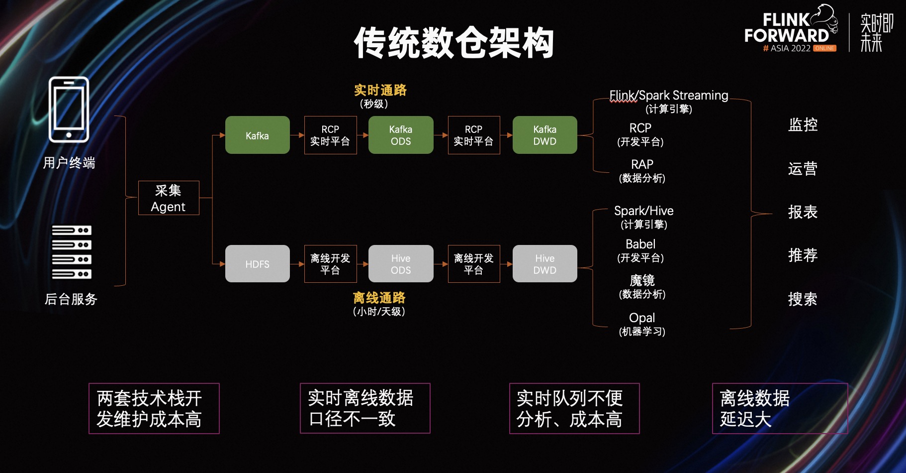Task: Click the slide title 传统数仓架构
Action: pyautogui.click(x=453, y=43)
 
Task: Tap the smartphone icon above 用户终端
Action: pyautogui.click(x=69, y=110)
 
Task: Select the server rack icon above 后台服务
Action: pyautogui.click(x=72, y=252)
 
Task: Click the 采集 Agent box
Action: pyautogui.click(x=169, y=198)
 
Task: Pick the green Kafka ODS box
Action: pyautogui.click(x=401, y=135)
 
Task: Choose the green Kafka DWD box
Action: pyautogui.click(x=544, y=135)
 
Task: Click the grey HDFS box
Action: pyautogui.click(x=257, y=264)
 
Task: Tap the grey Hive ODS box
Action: pyautogui.click(x=401, y=264)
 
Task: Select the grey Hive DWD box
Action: pyautogui.click(x=544, y=264)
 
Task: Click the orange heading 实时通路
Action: pyautogui.click(x=380, y=90)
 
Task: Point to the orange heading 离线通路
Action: pyautogui.click(x=379, y=298)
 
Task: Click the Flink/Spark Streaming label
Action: pyautogui.click(x=669, y=95)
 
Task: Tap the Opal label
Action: pyautogui.click(x=642, y=318)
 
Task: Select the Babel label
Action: pyautogui.click(x=640, y=244)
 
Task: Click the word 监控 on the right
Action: pyautogui.click(x=803, y=124)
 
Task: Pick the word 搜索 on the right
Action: pyautogui.click(x=803, y=299)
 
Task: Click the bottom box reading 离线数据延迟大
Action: pyautogui.click(x=780, y=408)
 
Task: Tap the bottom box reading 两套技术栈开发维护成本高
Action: pyautogui.click(x=154, y=408)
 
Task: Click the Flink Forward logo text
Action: pyautogui.click(x=787, y=29)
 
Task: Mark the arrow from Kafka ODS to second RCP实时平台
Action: pyautogui.click(x=441, y=135)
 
